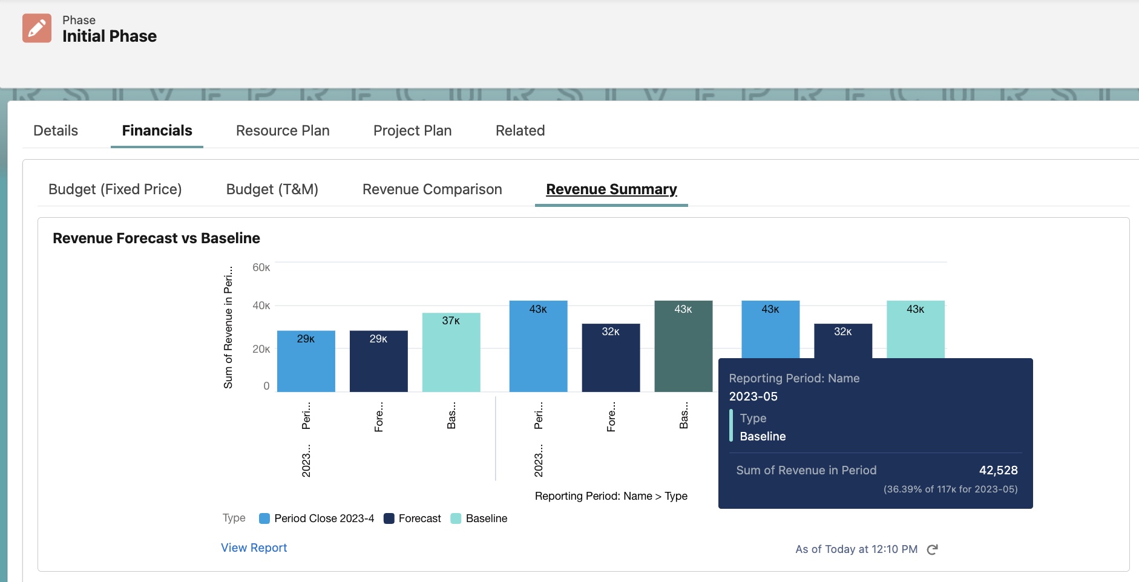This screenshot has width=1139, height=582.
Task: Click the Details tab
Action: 56,131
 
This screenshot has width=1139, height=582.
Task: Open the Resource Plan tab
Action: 283,131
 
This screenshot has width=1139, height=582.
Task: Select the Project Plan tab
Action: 412,131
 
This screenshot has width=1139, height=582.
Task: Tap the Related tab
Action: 520,131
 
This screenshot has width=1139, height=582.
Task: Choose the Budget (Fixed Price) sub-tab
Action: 115,189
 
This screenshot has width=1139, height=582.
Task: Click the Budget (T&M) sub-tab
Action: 272,189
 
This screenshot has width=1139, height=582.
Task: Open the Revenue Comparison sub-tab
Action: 432,189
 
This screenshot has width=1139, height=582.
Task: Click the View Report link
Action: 254,548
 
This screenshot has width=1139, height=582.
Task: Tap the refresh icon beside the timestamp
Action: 932,549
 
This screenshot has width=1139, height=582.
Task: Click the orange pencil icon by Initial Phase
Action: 37,28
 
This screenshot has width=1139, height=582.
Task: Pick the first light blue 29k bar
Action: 306,363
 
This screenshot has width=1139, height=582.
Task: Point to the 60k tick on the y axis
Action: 261,267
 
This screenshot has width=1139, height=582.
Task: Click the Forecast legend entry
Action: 413,518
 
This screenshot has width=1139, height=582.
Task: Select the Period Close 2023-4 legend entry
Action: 317,518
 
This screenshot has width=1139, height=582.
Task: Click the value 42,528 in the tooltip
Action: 998,470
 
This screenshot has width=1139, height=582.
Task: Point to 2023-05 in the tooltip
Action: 753,396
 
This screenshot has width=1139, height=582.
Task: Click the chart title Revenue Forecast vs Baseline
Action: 156,238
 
